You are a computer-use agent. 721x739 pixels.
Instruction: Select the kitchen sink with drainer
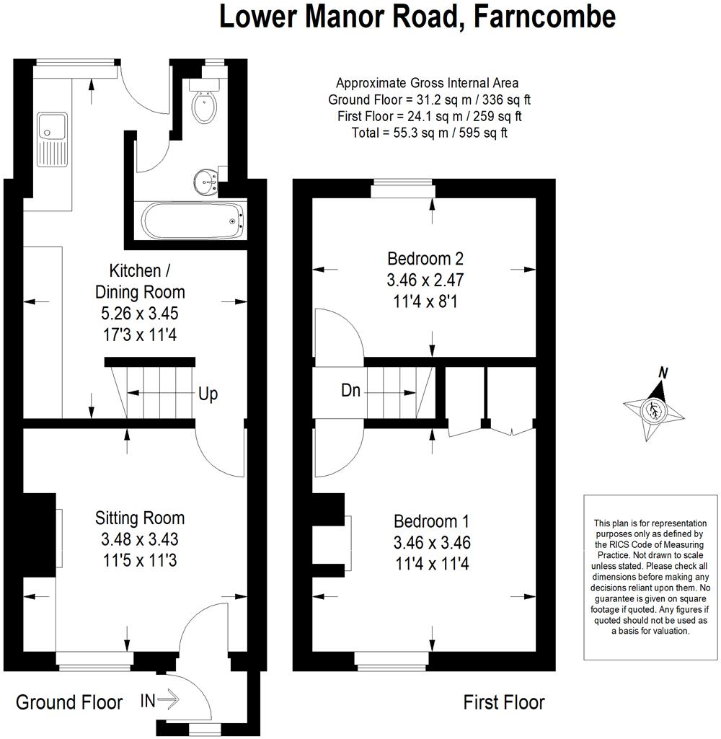(x=53, y=139)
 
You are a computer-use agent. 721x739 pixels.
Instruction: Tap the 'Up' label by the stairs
(x=208, y=394)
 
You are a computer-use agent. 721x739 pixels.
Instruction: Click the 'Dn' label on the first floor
(x=350, y=390)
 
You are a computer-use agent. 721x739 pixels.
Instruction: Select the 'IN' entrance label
(x=148, y=701)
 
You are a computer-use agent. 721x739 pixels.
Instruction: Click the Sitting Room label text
(x=139, y=518)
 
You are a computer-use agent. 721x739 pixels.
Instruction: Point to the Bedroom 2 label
(x=425, y=258)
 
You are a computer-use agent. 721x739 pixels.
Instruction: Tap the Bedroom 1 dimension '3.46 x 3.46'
(x=432, y=542)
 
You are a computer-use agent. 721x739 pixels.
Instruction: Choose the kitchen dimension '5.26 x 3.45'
(x=139, y=314)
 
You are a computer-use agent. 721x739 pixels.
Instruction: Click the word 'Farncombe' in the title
(x=545, y=17)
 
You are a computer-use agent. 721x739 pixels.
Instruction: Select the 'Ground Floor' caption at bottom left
(x=69, y=702)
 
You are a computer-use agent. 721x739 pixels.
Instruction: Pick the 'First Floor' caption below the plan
(x=504, y=702)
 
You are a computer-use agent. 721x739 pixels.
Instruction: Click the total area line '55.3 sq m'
(x=429, y=133)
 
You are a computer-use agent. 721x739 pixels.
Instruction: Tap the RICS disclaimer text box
(x=650, y=577)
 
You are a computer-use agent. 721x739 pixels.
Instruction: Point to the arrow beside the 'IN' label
(x=168, y=700)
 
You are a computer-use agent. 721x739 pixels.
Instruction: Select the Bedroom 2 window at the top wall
(x=402, y=188)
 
